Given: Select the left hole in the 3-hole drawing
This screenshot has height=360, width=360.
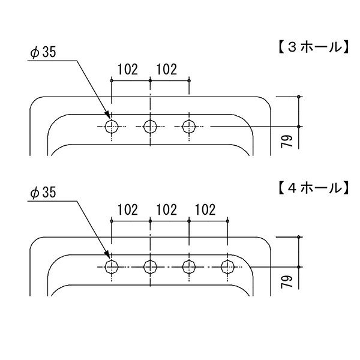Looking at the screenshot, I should [x=112, y=126].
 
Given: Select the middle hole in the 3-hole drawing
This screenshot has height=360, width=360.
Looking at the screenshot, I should [x=151, y=126].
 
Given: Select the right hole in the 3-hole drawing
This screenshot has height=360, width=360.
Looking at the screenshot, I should [x=189, y=126].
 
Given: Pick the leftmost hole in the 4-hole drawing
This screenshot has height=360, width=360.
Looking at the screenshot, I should [x=112, y=266].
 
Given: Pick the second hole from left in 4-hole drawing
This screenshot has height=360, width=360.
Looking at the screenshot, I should [x=151, y=266].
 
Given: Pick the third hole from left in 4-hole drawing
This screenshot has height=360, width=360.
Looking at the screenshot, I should [x=189, y=266].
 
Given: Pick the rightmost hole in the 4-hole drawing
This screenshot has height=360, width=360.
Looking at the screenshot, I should [x=228, y=266].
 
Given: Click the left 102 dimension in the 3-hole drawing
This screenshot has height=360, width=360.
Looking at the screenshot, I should [x=127, y=70].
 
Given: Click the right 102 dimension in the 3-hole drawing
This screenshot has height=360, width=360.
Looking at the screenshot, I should [x=166, y=70].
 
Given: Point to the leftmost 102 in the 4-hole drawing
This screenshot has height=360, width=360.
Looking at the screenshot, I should [x=127, y=210].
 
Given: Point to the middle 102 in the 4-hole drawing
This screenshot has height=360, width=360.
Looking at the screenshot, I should [x=166, y=210].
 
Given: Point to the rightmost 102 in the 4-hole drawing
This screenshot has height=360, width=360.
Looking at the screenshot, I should [x=205, y=210].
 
